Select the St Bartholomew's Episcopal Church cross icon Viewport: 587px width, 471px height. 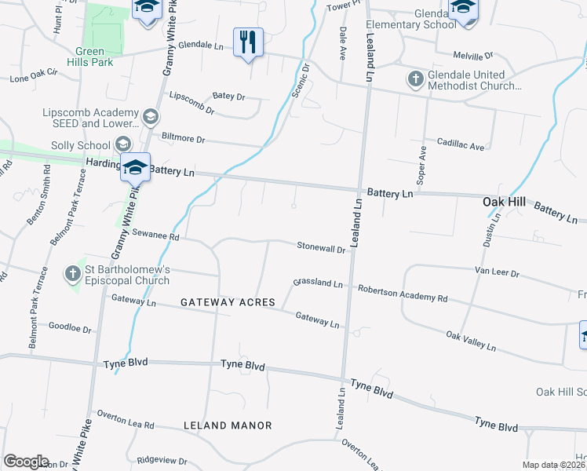coord(73,273)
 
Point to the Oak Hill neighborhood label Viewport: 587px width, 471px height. coord(503,202)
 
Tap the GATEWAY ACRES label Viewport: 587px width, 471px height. coord(228,302)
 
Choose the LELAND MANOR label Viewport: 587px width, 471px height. coord(228,425)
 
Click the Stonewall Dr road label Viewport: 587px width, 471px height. coord(322,247)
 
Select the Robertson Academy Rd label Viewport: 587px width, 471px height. coord(403,294)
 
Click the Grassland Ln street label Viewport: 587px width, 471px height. coord(319,283)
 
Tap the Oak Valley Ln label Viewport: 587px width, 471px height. coord(471,341)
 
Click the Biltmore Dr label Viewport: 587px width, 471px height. coord(183,138)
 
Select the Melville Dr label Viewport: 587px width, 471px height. coord(473,56)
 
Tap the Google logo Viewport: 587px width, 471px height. coord(26,462)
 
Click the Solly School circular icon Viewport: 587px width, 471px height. coord(122,144)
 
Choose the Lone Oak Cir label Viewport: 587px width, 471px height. coord(34,75)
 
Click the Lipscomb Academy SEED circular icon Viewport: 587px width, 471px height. coord(151,118)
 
